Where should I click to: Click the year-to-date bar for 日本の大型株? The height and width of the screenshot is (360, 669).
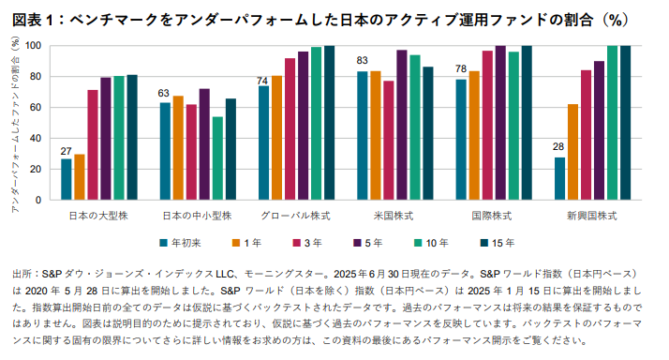tap(67, 179)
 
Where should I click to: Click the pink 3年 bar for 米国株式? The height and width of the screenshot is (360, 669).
tap(389, 140)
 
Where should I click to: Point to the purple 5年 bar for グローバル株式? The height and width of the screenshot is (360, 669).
tap(303, 126)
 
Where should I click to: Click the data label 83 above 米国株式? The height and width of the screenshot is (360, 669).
tap(362, 61)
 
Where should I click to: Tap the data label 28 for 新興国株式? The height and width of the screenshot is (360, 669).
tap(558, 147)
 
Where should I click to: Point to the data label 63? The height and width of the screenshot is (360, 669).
tap(165, 93)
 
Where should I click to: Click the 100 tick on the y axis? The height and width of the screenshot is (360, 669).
tap(35, 45)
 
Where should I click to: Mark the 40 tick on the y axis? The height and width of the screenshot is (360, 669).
tap(37, 138)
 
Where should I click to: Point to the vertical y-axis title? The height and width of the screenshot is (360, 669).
tap(15, 126)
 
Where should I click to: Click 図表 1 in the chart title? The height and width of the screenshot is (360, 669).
tap(34, 14)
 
